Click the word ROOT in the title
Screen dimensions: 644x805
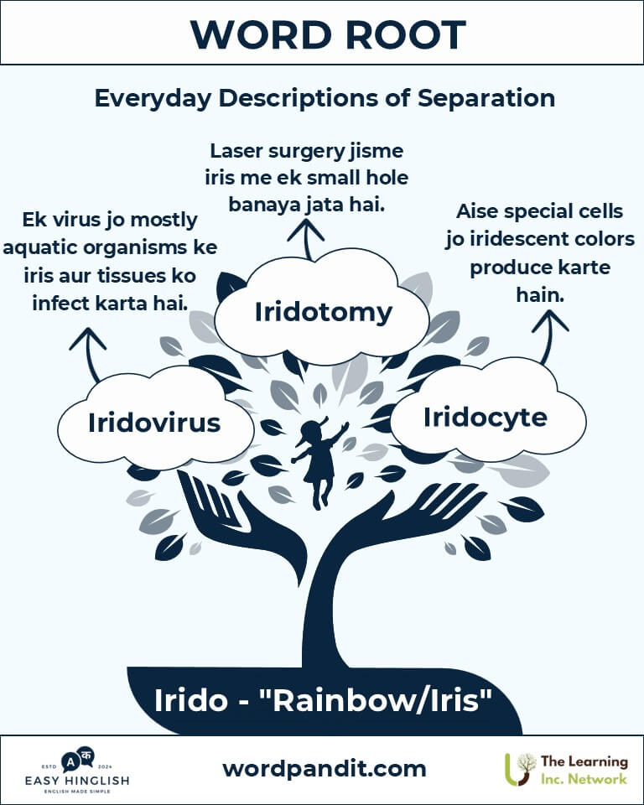[x=405, y=34]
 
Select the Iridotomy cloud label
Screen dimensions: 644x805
[x=324, y=312]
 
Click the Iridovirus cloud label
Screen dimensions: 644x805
[x=154, y=423]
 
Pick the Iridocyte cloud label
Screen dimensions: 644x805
[x=486, y=418]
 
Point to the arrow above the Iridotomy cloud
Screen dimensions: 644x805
[x=307, y=239]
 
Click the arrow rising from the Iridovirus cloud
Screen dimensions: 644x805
[x=91, y=354]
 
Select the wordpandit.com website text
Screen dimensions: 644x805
[x=324, y=769]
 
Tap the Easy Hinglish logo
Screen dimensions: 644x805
[x=77, y=769]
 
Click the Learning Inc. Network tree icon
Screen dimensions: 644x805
[x=520, y=769]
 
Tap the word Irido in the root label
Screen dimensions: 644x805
[x=190, y=699]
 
